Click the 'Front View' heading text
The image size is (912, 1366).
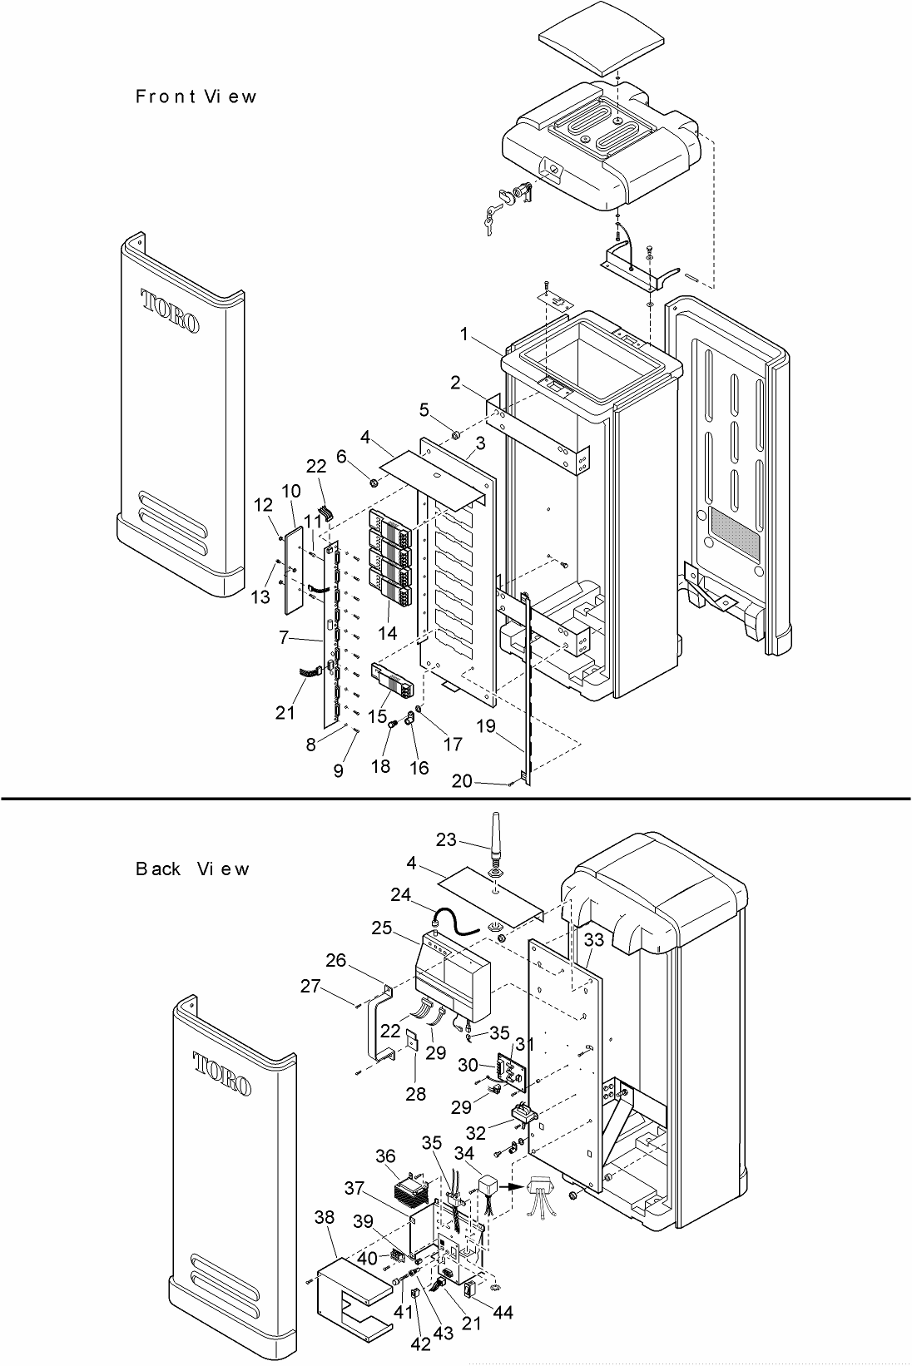pyautogui.click(x=196, y=97)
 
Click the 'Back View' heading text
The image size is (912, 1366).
pyautogui.click(x=191, y=869)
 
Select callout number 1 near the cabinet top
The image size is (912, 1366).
pyautogui.click(x=468, y=334)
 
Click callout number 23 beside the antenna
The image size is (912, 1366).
pyautogui.click(x=446, y=839)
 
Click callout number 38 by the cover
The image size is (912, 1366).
pyautogui.click(x=325, y=1217)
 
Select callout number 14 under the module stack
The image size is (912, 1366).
pyautogui.click(x=387, y=632)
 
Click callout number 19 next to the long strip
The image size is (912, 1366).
pyautogui.click(x=486, y=727)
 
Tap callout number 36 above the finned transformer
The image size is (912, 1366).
pyautogui.click(x=385, y=1157)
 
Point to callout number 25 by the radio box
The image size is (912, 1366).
pyautogui.click(x=382, y=927)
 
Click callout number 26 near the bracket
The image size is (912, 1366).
pyautogui.click(x=335, y=960)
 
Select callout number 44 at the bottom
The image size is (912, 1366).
pyautogui.click(x=503, y=1313)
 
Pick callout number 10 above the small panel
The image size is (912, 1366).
pyautogui.click(x=291, y=491)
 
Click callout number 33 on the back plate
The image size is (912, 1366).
pyautogui.click(x=594, y=941)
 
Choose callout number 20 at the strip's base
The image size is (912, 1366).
pyautogui.click(x=463, y=781)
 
